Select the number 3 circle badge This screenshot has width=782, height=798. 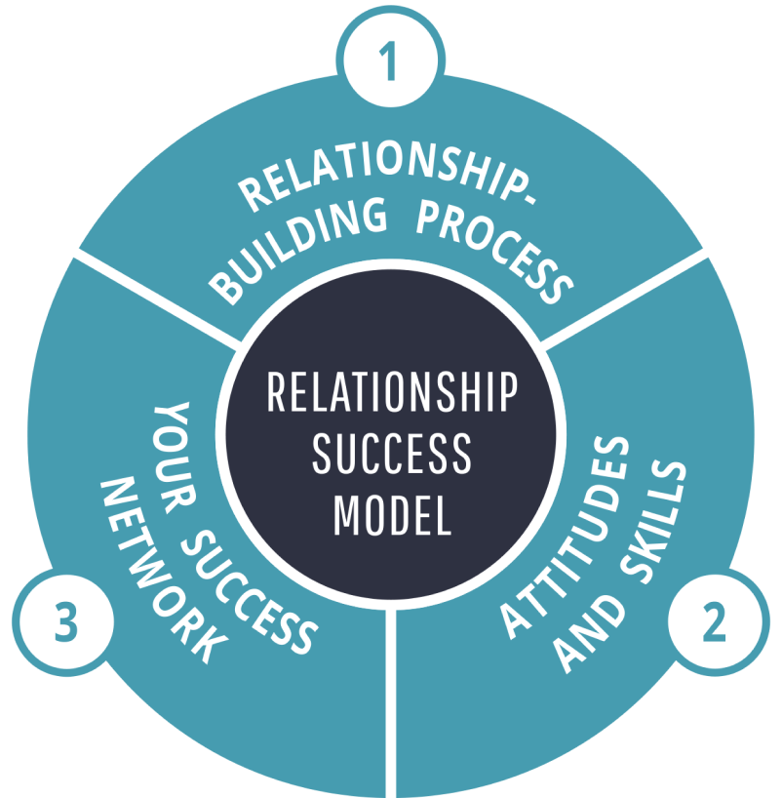(x=65, y=623)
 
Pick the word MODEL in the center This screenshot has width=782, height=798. (x=391, y=514)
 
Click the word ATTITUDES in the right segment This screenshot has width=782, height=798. (x=566, y=537)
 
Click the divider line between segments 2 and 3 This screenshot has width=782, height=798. (x=391, y=702)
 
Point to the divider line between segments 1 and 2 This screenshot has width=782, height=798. (x=624, y=298)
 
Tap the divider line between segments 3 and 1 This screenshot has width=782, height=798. (x=156, y=298)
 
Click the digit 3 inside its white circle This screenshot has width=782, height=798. (x=65, y=623)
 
